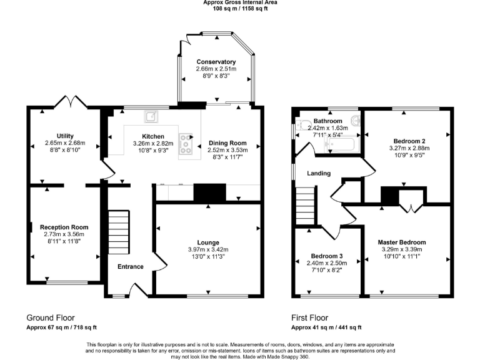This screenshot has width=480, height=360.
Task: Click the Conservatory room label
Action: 216,62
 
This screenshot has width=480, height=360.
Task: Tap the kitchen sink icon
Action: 151,116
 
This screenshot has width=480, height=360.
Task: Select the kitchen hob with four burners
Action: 186,144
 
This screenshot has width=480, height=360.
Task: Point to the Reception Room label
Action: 64,227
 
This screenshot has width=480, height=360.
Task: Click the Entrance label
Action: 131,267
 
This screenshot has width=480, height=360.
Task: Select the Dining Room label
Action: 227,142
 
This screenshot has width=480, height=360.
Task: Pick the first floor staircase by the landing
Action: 305,204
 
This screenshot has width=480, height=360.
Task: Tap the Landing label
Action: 318,175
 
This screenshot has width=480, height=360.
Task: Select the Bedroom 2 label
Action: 409,141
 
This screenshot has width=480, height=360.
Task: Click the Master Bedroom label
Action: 401,242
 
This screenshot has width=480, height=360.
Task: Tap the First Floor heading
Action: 309,317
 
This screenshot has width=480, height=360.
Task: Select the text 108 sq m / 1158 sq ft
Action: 240,9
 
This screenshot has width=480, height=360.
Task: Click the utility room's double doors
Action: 69,101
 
